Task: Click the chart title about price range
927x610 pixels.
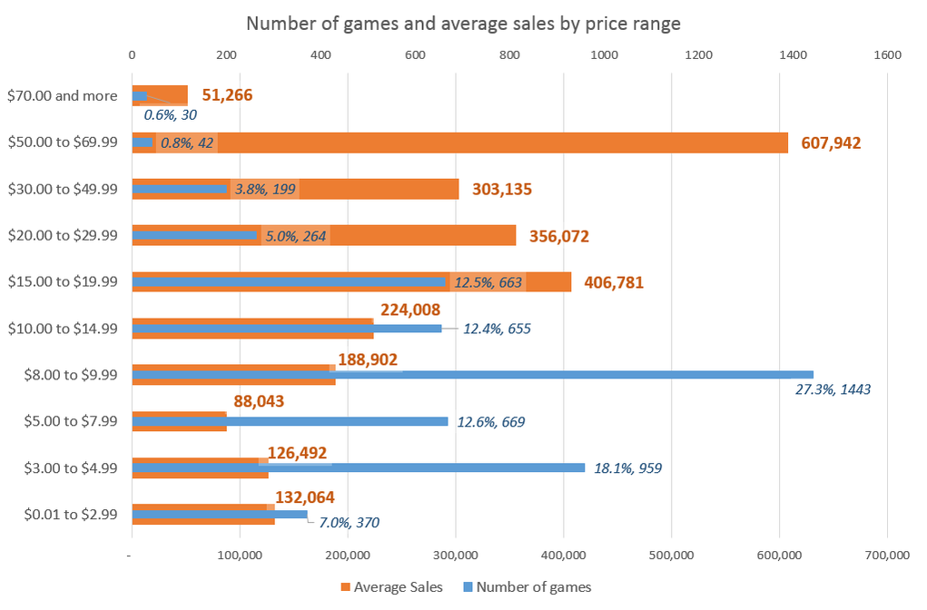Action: tap(463, 24)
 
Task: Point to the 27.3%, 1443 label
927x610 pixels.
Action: tap(832, 389)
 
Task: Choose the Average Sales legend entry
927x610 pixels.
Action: tap(391, 586)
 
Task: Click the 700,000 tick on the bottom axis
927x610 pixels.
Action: tap(886, 555)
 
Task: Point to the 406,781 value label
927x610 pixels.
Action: tap(613, 282)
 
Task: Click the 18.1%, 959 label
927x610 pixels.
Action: tap(627, 468)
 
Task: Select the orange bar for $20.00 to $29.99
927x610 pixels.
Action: tap(409, 235)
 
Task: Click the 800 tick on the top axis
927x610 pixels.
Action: tap(509, 55)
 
